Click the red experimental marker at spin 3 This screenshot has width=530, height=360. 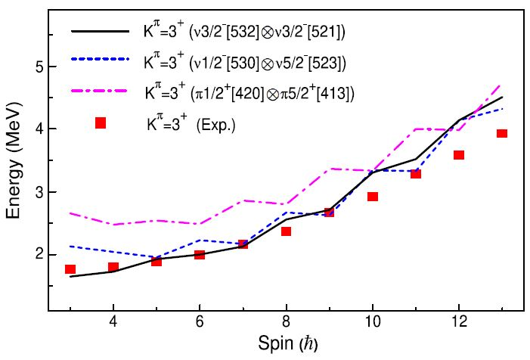tap(70, 269)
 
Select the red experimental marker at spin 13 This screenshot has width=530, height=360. tap(501, 134)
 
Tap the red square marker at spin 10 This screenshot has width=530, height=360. tap(372, 197)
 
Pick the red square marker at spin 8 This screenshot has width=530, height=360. tap(286, 231)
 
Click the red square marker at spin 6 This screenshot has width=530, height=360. tap(200, 254)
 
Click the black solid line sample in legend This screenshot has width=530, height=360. tap(101, 32)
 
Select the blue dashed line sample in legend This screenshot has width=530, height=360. tap(101, 62)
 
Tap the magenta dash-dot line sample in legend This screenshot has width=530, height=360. tap(101, 93)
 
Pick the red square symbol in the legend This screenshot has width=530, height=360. tap(101, 123)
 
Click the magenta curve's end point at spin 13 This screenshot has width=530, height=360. tap(501, 85)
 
